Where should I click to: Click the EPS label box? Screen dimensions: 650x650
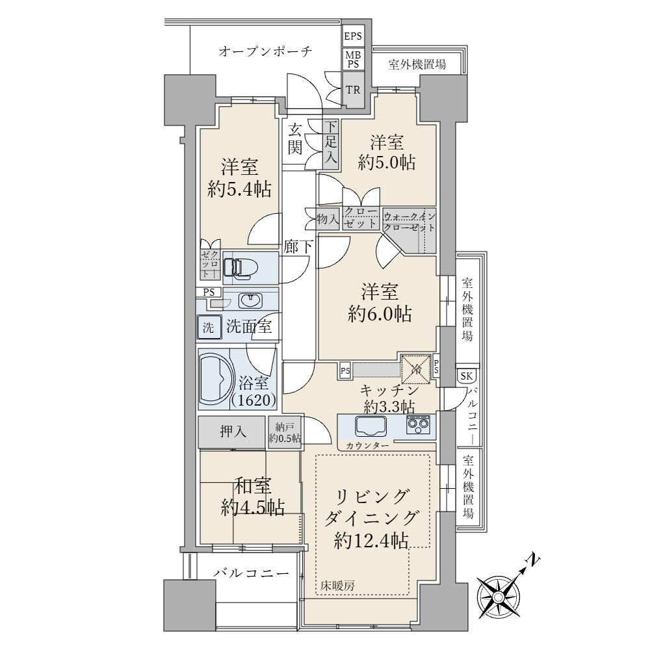(353, 36)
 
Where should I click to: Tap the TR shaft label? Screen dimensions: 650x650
(353, 90)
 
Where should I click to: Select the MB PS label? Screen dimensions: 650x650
(353, 60)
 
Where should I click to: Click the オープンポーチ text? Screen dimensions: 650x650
(265, 51)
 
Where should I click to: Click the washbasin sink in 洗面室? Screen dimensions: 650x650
(250, 301)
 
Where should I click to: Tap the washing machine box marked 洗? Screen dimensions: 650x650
(209, 328)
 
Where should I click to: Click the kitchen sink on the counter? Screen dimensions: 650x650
(370, 426)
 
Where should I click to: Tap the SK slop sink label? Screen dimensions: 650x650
(467, 376)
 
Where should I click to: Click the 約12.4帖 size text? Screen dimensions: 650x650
(371, 540)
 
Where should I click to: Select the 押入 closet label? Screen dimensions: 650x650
(233, 432)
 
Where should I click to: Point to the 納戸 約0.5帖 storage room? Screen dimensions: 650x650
(285, 432)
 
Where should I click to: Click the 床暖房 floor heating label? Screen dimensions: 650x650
(337, 586)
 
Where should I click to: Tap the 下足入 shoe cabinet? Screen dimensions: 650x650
(331, 144)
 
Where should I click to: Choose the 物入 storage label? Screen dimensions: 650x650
(328, 218)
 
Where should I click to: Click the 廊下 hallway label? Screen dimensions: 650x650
(298, 248)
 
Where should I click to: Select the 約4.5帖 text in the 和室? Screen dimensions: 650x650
(252, 508)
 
